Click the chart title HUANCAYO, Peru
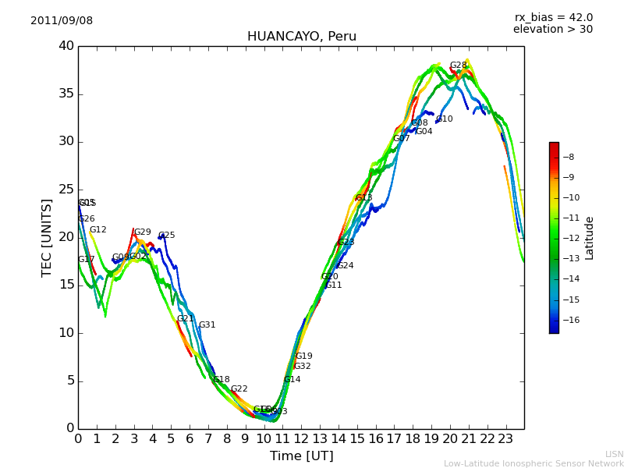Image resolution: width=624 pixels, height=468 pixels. pos(301,37)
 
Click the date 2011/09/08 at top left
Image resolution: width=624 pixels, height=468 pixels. pos(62,21)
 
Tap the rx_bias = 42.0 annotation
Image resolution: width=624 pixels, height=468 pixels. pos(553,18)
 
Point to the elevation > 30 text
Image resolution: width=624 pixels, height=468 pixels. pos(552,30)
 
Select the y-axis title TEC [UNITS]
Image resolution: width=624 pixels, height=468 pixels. pos(48,237)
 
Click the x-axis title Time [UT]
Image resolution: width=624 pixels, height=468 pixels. pos(301,456)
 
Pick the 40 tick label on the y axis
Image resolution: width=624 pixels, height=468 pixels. pos(66,46)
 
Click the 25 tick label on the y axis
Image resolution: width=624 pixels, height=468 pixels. pos(66,190)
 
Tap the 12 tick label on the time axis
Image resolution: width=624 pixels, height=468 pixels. pos(301,439)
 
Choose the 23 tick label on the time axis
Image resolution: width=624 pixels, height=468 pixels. pos(505,439)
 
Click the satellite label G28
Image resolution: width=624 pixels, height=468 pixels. pos(458,66)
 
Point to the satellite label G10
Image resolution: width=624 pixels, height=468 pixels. pos(444,119)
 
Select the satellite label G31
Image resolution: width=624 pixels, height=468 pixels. pos(207,325)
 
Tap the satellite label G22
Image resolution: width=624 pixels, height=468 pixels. pos(239,389)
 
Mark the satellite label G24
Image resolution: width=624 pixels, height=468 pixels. pos(345,266)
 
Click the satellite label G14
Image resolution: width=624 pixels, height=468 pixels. pos(292,380)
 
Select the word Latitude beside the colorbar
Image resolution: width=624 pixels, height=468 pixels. pos(590,238)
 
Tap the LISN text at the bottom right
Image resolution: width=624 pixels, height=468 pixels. pos(614,454)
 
